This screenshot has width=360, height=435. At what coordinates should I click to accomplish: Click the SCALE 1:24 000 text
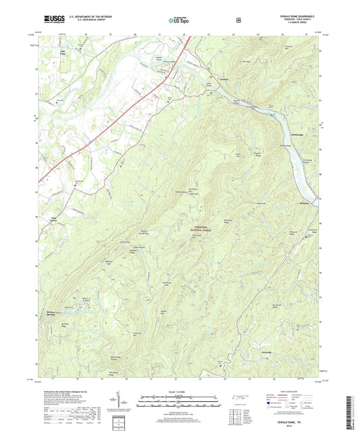click(180, 392)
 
